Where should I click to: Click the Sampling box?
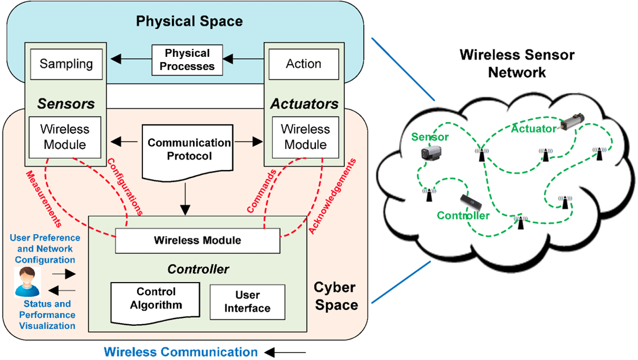(66, 63)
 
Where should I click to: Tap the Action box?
(303, 63)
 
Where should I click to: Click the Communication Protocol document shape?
(190, 150)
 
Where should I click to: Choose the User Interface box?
(248, 302)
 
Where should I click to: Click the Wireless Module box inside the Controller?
(197, 241)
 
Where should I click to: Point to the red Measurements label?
(44, 196)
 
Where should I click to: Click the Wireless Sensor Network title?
(517, 64)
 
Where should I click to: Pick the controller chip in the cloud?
(472, 201)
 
